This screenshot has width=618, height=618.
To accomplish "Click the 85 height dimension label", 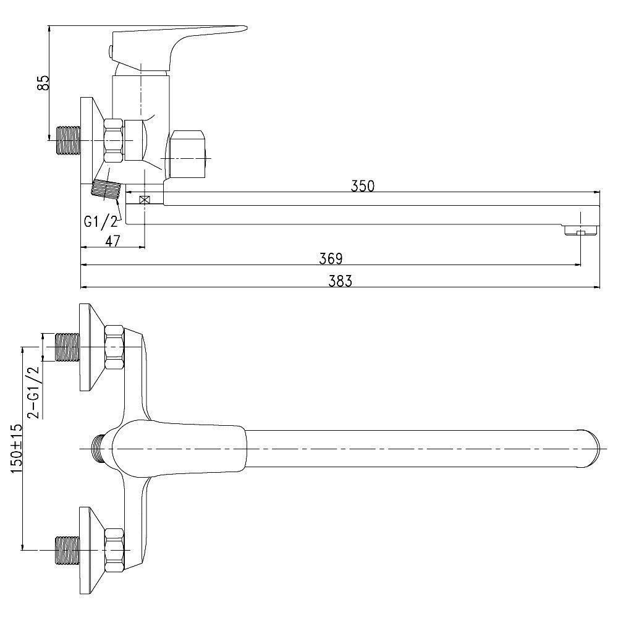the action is point(43,82).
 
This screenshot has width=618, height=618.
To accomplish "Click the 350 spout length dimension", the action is point(363,185).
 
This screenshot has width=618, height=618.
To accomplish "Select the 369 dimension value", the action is point(331,258).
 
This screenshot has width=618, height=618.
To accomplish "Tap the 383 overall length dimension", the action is point(340,281).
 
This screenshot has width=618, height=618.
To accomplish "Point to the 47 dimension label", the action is point(112,240).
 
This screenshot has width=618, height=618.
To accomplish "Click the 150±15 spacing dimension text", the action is point(16,449).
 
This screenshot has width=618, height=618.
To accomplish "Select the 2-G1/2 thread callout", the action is point(33,392).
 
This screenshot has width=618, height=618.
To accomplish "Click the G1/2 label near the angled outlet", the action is point(101,222).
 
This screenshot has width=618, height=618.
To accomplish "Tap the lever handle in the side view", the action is point(177,48).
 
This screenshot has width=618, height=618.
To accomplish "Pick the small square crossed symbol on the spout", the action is point(145,200).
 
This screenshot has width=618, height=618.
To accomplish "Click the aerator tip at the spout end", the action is point(582,230).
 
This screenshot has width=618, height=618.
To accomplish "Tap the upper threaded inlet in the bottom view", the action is point(67,347).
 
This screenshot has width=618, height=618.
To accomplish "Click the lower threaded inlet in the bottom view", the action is point(67,551).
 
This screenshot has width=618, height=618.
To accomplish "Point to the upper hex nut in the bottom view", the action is point(114,347).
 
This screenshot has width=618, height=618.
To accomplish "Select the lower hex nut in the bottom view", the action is point(114,551).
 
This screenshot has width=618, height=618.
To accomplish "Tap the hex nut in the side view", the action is point(114,140).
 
